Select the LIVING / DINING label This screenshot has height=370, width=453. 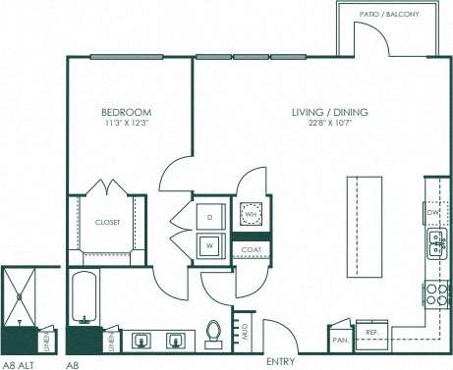(x=329, y=113)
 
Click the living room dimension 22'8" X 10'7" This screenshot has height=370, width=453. (x=329, y=125)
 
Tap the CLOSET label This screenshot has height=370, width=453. (x=107, y=223)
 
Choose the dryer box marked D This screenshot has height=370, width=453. (x=210, y=216)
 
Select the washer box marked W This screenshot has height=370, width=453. (x=210, y=245)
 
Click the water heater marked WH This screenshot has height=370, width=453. (x=251, y=214)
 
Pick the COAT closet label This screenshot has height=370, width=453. (x=251, y=250)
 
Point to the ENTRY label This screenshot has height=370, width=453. (x=280, y=361)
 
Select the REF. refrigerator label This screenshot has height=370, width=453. (x=372, y=332)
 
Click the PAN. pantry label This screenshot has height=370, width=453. (x=340, y=339)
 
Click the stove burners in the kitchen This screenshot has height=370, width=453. (x=436, y=293)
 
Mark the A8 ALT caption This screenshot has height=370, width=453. (x=19, y=363)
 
